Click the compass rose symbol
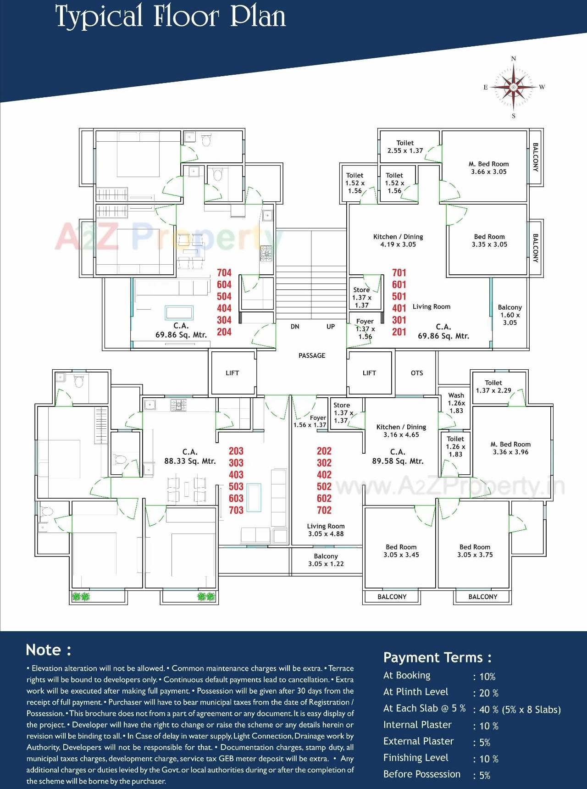pos(514,87)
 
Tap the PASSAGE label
pos(312,356)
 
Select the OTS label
pos(417,373)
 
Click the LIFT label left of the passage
pos(233,373)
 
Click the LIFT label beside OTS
pos(369,373)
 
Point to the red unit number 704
pos(224,273)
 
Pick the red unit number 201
pos(399,332)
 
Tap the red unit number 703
pos(236,510)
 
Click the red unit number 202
pos(324,451)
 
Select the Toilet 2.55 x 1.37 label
pos(405,147)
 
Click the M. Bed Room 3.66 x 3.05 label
pos(489,168)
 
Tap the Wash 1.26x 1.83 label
pos(456,403)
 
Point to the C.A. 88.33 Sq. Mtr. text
pos(190,457)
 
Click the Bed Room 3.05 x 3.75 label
pos(475,551)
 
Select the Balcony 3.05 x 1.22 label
pos(326,560)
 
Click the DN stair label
pos(295,327)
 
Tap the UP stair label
pos(331,327)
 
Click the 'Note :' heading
pos(49,650)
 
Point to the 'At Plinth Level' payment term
pos(415,692)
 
